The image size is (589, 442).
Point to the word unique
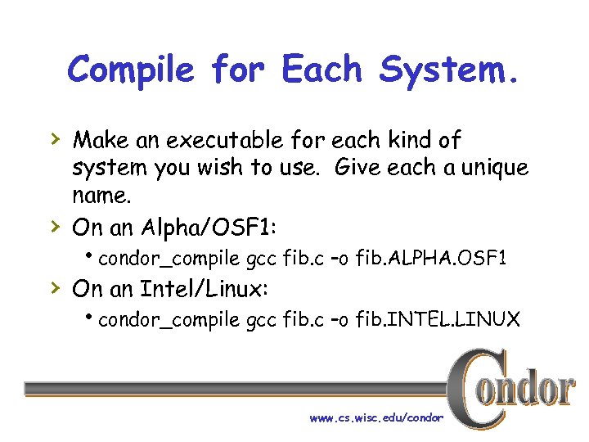point(491,169)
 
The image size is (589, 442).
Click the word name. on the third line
point(101,197)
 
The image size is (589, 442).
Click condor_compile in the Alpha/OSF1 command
point(169,259)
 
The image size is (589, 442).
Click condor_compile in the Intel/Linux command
point(169,320)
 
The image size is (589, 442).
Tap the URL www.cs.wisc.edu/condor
point(376,418)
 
